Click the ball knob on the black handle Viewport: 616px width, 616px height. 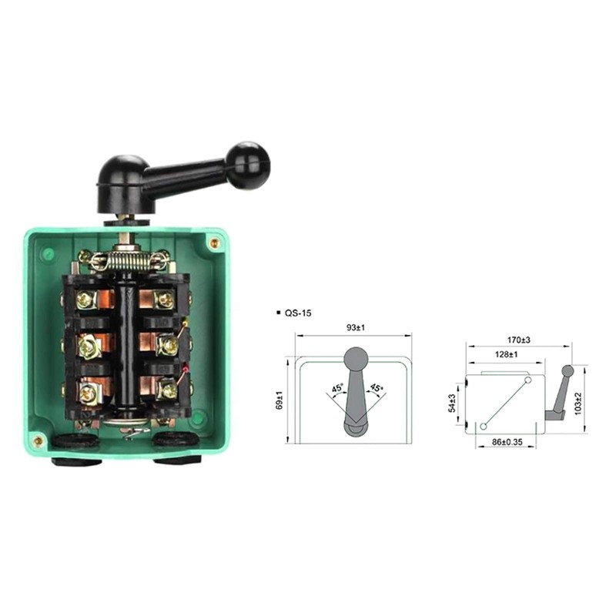tap(246, 159)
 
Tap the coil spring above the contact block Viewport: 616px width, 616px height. tap(129, 260)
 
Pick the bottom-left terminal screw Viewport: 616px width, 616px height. tap(89, 393)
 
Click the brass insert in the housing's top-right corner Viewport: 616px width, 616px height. tap(214, 243)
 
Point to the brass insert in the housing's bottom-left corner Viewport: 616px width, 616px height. tap(38, 441)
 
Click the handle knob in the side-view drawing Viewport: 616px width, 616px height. tap(568, 372)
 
